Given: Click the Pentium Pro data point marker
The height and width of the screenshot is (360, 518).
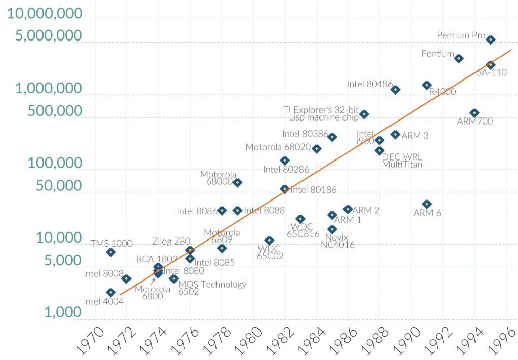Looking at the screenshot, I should [x=490, y=39].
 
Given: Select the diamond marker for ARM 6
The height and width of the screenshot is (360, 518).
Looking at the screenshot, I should [x=427, y=204].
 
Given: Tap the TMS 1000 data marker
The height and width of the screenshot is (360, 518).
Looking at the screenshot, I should [x=111, y=252].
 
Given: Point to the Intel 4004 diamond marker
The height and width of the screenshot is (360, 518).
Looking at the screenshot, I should [x=111, y=292].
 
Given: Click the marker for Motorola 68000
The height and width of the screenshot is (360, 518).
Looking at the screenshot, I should [x=237, y=182].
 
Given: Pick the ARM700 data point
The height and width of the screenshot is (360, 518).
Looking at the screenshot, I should [x=474, y=113].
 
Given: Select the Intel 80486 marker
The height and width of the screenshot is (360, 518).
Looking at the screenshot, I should [x=396, y=90].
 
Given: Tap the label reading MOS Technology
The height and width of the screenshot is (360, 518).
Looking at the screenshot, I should [x=212, y=284].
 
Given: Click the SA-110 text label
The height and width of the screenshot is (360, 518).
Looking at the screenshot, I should [x=492, y=72].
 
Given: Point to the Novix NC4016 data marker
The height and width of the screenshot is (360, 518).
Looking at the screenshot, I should [x=332, y=229].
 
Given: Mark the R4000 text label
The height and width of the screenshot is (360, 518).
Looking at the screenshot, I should [x=442, y=92].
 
